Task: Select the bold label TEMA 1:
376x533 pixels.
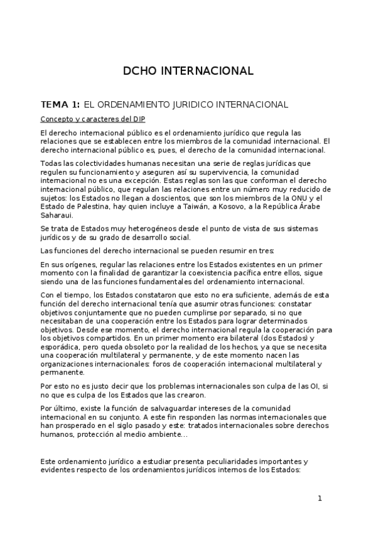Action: point(60,104)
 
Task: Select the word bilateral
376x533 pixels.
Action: point(249,338)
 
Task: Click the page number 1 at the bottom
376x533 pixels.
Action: point(320,498)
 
